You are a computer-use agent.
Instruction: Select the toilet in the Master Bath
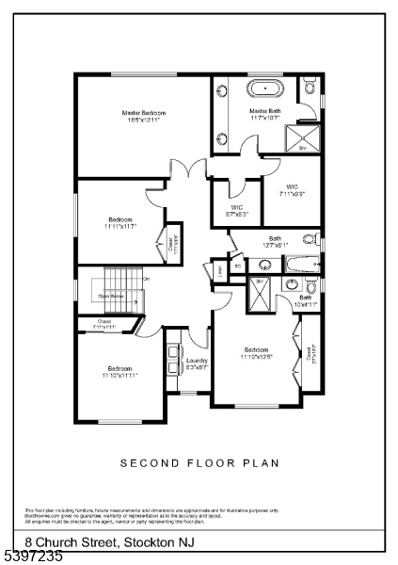pyautogui.click(x=310, y=89)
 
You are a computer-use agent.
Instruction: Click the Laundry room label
pyautogui.click(x=196, y=363)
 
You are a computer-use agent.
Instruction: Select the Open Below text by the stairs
pyautogui.click(x=112, y=295)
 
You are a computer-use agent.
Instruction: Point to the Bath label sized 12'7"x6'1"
pyautogui.click(x=276, y=242)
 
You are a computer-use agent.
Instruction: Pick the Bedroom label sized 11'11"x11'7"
pyautogui.click(x=120, y=223)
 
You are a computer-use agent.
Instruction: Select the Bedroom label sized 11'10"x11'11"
pyautogui.click(x=119, y=371)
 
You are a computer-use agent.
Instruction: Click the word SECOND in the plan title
pyautogui.click(x=148, y=463)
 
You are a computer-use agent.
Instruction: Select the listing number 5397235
pyautogui.click(x=33, y=557)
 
